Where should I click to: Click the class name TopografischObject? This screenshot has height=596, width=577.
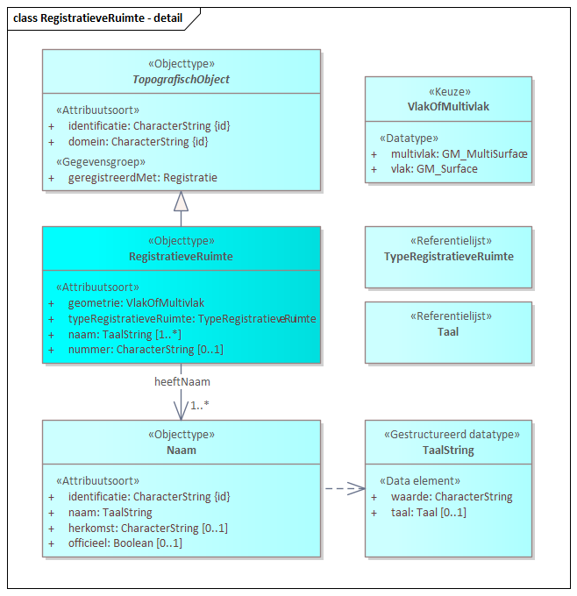[181, 80]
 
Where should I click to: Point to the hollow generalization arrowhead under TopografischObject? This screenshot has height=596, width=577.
[181, 202]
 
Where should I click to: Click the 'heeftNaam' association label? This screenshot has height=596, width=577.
[182, 382]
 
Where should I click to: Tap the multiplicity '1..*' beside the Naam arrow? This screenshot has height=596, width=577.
[200, 405]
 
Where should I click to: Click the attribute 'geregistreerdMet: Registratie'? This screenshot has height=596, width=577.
[143, 177]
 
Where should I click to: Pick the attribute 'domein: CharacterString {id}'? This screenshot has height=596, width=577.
[138, 141]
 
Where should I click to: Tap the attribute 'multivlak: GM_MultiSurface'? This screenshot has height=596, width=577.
[459, 153]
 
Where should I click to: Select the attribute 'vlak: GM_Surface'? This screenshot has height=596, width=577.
[434, 168]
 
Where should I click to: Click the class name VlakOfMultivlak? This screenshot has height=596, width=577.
[448, 106]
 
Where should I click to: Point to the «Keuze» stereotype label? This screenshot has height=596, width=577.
[448, 91]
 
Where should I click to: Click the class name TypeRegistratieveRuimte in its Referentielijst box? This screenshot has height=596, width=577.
[448, 257]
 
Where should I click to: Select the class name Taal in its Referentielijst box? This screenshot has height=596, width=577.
[448, 332]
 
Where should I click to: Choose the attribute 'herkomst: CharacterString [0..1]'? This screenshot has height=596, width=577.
[148, 528]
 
